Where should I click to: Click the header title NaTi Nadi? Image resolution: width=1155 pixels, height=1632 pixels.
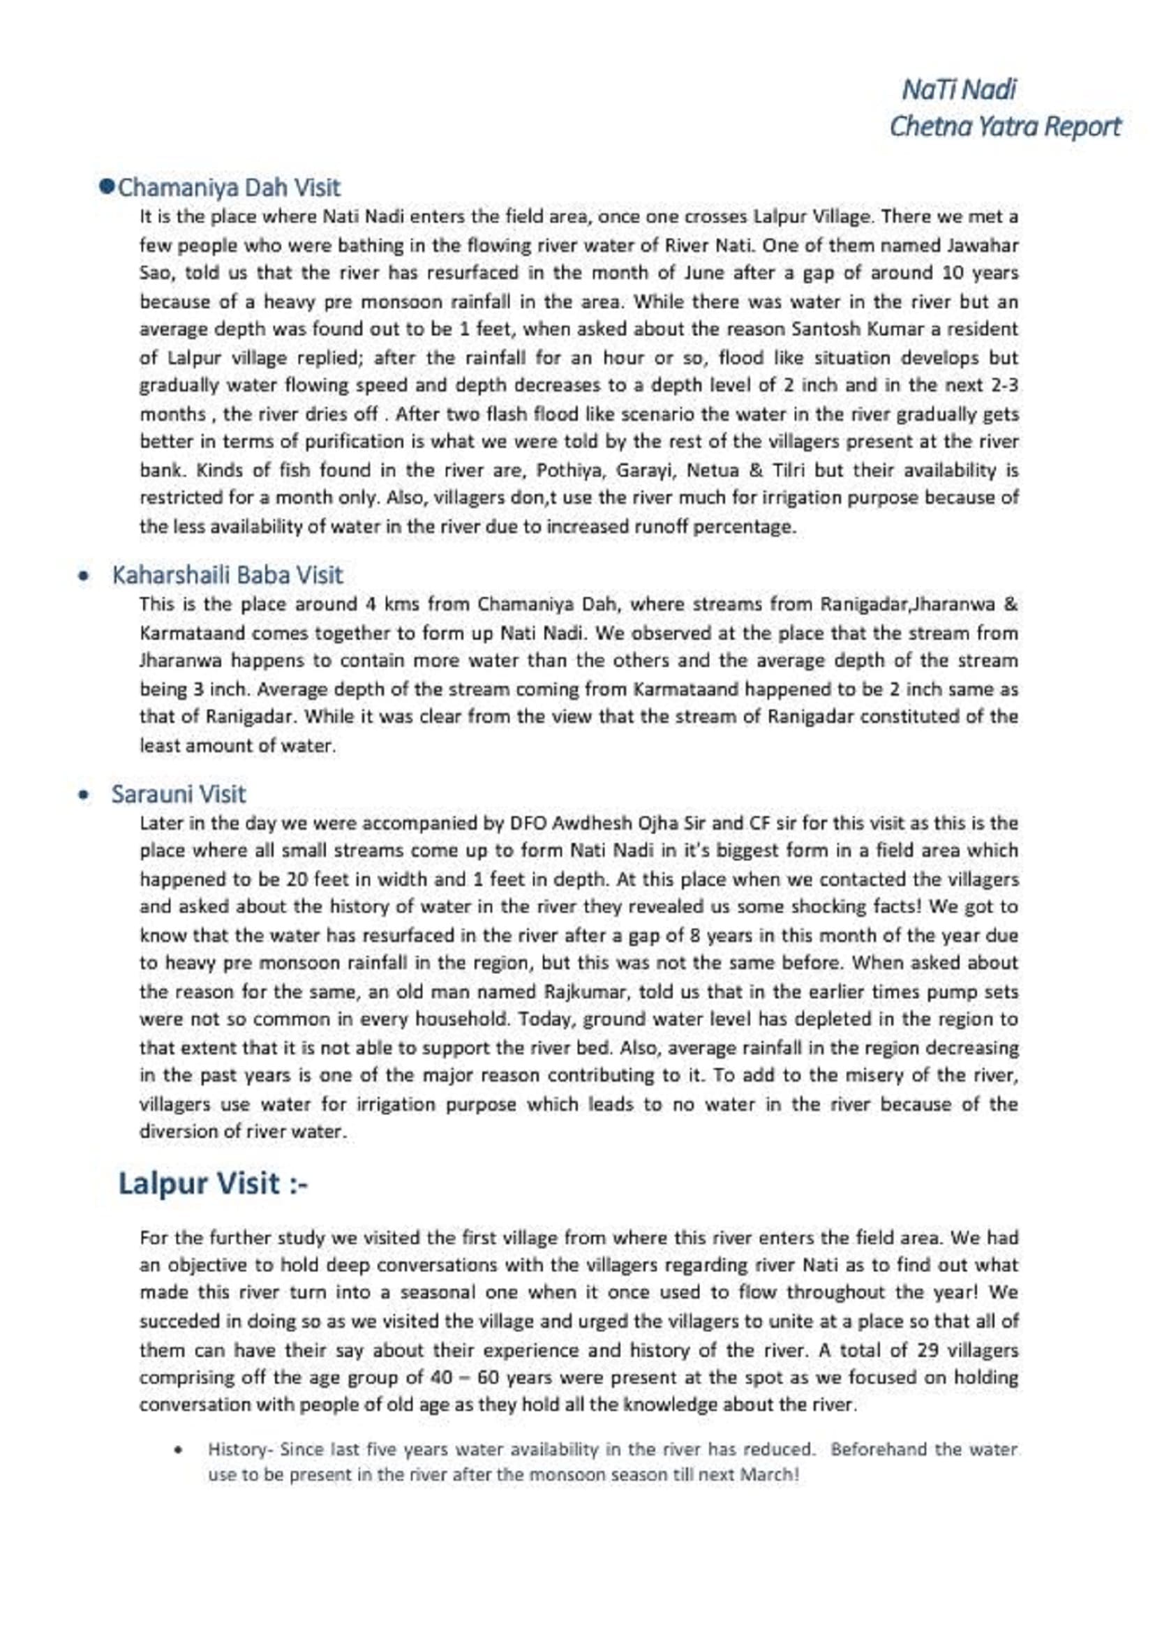pos(959,89)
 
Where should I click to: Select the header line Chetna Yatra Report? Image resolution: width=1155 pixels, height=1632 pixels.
pos(1004,126)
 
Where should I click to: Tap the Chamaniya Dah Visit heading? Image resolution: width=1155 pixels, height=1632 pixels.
pos(228,188)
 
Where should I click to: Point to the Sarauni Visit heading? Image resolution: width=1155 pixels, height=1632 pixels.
pos(178,793)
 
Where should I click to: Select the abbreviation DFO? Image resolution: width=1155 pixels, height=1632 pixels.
pos(527,823)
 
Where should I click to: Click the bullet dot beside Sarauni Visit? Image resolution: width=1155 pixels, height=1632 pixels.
pos(84,795)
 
